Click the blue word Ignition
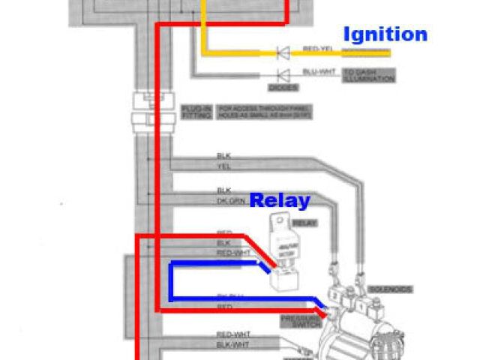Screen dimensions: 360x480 tap(385, 34)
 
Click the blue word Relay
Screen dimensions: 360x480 tap(279, 200)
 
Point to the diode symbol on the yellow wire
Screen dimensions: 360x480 tap(283, 52)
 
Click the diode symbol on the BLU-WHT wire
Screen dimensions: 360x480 tap(283, 75)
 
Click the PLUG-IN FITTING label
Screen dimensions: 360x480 tap(190, 113)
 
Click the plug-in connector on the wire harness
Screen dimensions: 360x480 tap(142, 112)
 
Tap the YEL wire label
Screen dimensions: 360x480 tap(223, 166)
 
